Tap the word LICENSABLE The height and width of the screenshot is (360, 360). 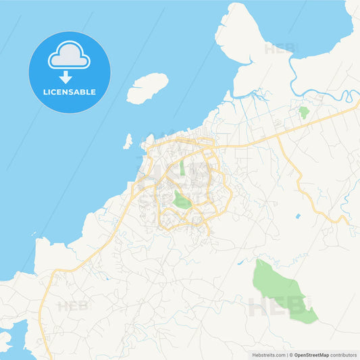[x=70, y=92]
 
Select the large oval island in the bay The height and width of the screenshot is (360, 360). [x=147, y=88]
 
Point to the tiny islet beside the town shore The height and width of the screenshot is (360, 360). [x=128, y=141]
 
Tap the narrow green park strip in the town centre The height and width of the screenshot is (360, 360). [x=182, y=168]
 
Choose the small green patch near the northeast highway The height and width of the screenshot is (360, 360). [x=303, y=111]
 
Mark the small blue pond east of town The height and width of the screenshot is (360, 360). [x=297, y=216]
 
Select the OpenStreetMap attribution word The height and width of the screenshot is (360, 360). [x=311, y=354]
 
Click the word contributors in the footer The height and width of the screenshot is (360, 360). [x=344, y=354]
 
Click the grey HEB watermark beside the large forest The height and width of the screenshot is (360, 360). [x=270, y=308]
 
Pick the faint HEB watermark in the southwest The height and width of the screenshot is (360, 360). [x=73, y=306]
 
